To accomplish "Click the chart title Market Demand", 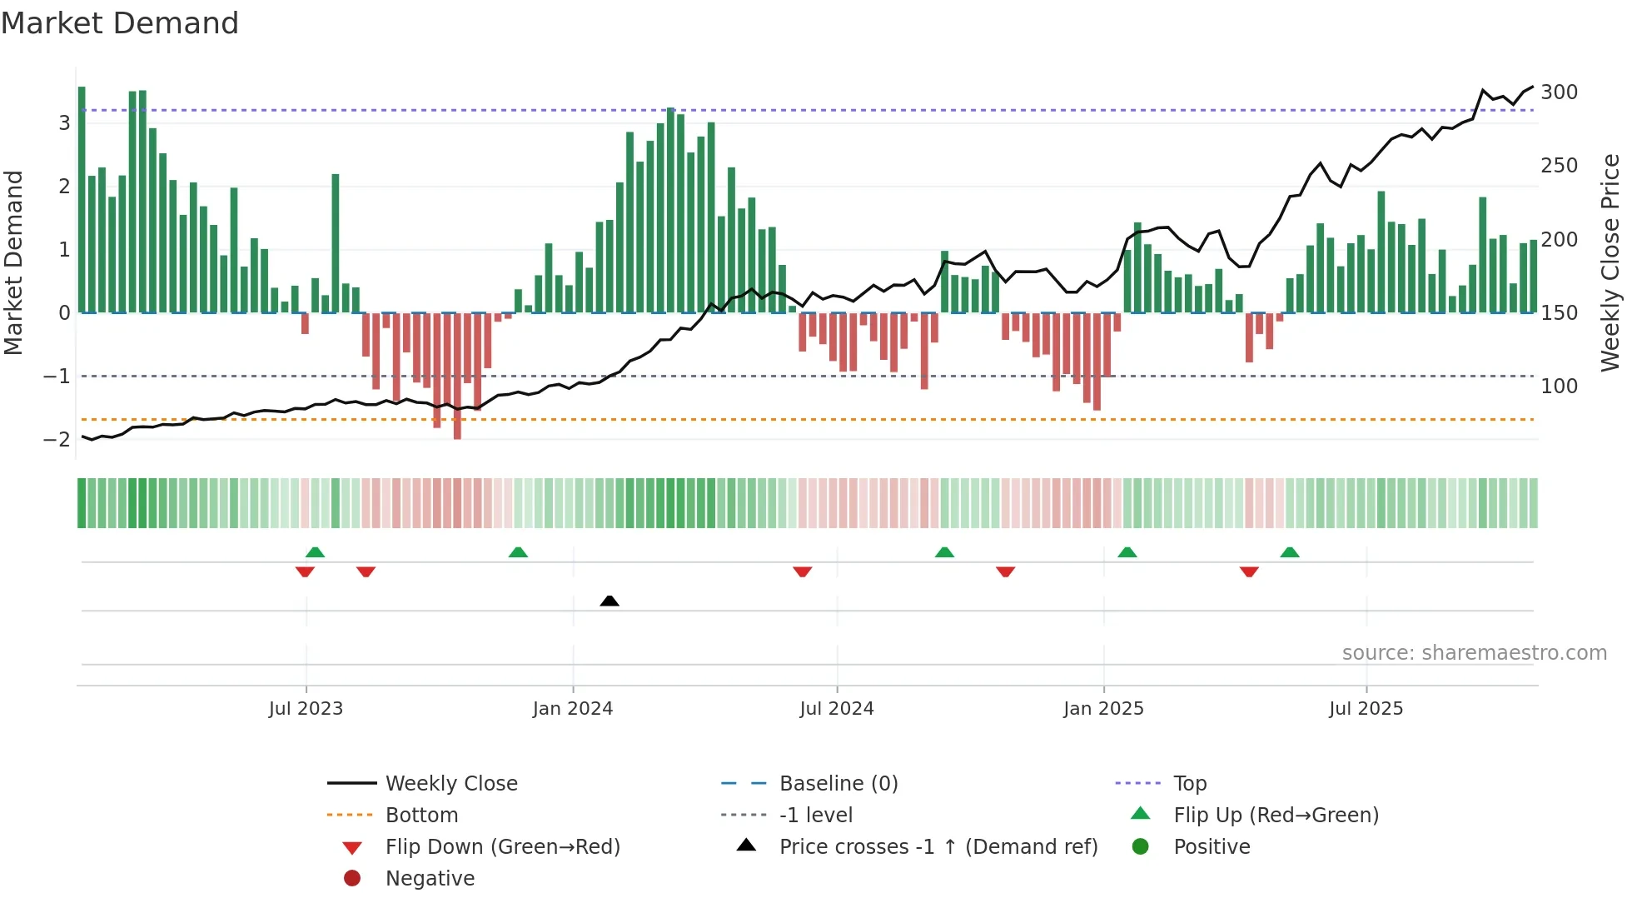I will click(120, 23).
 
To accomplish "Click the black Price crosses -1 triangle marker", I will click(610, 601).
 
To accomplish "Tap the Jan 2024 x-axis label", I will click(572, 709).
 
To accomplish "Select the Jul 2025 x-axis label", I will click(1366, 709).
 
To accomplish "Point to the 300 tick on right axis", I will click(1559, 92).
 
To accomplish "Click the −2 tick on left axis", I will click(57, 440).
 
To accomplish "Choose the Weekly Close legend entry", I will click(450, 784).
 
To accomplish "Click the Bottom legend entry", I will click(421, 816).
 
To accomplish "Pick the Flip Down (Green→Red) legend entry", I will click(502, 847).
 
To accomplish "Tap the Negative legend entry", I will click(430, 879).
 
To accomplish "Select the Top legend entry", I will click(1189, 784).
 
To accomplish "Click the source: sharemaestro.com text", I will click(1474, 653).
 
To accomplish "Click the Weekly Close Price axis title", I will click(1610, 262).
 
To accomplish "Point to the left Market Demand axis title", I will click(13, 262).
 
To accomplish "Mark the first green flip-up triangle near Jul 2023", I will click(315, 552).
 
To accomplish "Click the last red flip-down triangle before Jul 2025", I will click(1249, 571).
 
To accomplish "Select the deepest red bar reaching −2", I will click(457, 376).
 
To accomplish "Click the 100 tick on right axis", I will click(1559, 387).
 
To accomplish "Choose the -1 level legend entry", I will click(815, 816).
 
